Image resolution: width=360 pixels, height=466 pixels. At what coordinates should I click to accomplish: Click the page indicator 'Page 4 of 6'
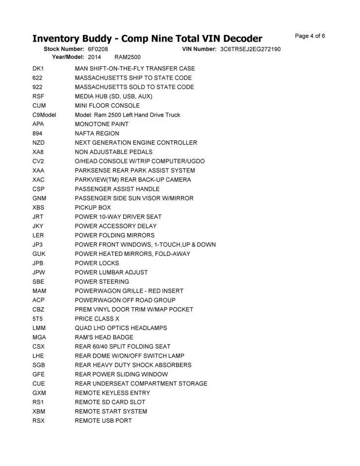coord(310,36)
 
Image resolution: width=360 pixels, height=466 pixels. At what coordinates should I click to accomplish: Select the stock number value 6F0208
coord(98,50)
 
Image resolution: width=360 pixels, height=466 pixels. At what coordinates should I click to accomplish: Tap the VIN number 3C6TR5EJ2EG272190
coord(250,50)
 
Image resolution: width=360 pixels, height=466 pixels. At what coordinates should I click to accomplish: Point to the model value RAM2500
coord(128,57)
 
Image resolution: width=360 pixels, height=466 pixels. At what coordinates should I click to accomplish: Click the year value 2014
coord(95,57)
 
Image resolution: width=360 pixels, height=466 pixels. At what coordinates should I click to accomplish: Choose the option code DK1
coord(38,69)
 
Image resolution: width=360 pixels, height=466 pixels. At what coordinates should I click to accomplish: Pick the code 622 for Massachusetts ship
coord(38,78)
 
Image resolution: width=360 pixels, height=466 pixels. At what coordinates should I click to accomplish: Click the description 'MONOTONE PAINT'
coord(102,124)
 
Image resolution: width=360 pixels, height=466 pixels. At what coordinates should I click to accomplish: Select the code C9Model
coord(45,115)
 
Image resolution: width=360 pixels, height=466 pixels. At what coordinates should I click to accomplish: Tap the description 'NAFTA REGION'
coord(97,133)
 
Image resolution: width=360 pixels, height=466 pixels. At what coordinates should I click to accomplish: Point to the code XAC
coord(39,180)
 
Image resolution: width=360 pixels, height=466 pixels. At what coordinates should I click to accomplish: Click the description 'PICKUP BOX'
coord(93,208)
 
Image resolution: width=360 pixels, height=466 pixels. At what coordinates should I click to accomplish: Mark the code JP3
coord(38,245)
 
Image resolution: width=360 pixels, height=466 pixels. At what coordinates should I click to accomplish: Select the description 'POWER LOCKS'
coord(97,263)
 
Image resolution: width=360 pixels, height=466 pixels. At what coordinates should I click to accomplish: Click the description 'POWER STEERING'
coord(102,282)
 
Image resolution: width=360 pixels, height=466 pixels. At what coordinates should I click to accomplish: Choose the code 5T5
coord(38,319)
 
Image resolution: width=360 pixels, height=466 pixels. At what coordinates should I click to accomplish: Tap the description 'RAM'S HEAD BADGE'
coord(104,337)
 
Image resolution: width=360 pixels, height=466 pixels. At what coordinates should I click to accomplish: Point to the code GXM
coord(39,393)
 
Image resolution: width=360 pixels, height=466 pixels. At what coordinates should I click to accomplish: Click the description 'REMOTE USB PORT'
coord(103,421)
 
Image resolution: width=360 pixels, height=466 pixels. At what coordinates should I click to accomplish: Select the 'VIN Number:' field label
coord(199,50)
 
